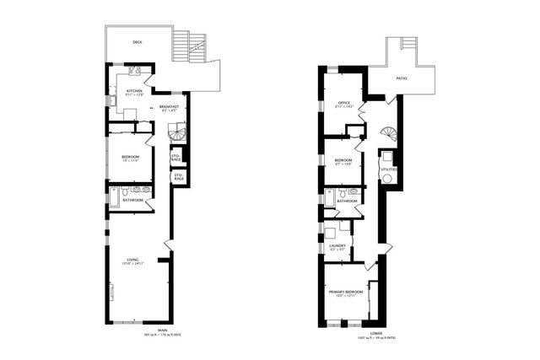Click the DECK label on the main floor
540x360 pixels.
(138, 41)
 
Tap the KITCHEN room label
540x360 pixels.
(133, 91)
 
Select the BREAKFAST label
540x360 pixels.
(168, 106)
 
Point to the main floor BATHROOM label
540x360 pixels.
(132, 200)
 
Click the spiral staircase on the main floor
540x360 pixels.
(175, 132)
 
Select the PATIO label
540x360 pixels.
(405, 78)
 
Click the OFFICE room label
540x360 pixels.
(344, 102)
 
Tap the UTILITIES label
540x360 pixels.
(388, 169)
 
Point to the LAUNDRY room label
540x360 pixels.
(337, 245)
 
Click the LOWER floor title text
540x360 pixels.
(353, 332)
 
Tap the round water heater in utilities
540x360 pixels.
(387, 179)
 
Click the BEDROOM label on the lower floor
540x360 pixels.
(343, 160)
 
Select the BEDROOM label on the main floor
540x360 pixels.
(131, 157)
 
